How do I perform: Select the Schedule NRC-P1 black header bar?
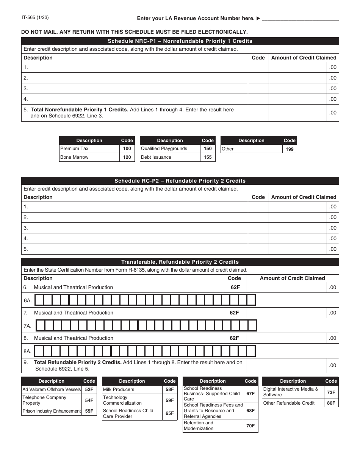(180, 41)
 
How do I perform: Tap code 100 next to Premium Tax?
(127, 149)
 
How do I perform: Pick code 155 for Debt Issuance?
(208, 157)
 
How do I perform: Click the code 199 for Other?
(290, 149)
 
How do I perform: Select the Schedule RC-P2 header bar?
(180, 181)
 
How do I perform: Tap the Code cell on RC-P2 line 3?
(258, 228)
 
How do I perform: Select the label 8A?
(28, 351)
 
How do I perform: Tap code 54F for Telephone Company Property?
(89, 400)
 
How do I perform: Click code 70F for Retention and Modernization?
(250, 426)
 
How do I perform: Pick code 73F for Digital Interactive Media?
(331, 392)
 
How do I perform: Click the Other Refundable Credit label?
(289, 403)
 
